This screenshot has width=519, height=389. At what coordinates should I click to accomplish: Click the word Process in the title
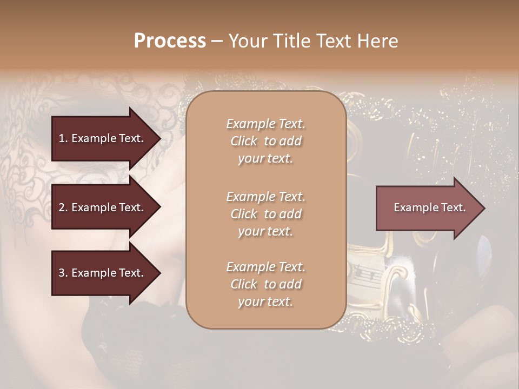[170, 41]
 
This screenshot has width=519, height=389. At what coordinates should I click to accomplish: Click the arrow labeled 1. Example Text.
[103, 138]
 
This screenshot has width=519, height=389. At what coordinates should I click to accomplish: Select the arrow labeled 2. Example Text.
[103, 207]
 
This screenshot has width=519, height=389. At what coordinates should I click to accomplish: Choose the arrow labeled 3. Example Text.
[103, 273]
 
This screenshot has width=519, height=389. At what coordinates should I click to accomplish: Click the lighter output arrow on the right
[427, 208]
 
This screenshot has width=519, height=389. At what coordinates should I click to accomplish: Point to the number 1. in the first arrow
[63, 138]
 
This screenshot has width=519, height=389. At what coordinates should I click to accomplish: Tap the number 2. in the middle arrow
[63, 207]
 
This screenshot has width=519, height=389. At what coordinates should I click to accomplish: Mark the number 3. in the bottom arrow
[63, 273]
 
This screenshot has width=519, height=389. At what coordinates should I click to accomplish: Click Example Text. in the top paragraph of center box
[265, 124]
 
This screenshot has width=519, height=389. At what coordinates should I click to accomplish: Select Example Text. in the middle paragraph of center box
[265, 196]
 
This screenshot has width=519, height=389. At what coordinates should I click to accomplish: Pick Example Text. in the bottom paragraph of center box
[265, 267]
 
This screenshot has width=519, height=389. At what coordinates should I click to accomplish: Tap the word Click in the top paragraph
[244, 141]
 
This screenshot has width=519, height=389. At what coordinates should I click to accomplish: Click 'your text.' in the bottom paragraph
[265, 302]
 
